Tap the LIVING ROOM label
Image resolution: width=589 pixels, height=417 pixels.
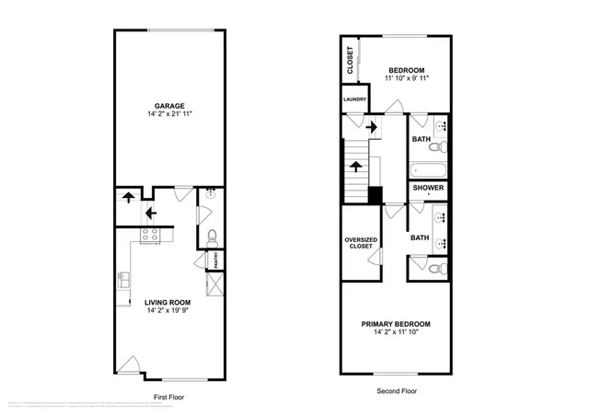pyautogui.click(x=167, y=302)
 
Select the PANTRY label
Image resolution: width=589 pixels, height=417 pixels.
pyautogui.click(x=215, y=262)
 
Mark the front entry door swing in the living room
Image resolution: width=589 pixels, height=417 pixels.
pyautogui.click(x=133, y=365)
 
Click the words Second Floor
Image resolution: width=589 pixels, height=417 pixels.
pyautogui.click(x=398, y=391)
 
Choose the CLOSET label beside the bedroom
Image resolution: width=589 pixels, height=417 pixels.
pyautogui.click(x=351, y=61)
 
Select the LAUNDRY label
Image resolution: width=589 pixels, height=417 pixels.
pyautogui.click(x=354, y=99)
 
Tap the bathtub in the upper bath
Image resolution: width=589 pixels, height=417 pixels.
pyautogui.click(x=429, y=169)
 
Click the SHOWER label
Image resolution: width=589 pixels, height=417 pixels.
pyautogui.click(x=429, y=188)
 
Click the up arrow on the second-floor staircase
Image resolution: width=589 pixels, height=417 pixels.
pyautogui.click(x=355, y=166)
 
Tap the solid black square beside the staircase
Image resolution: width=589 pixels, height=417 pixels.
pyautogui.click(x=375, y=194)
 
